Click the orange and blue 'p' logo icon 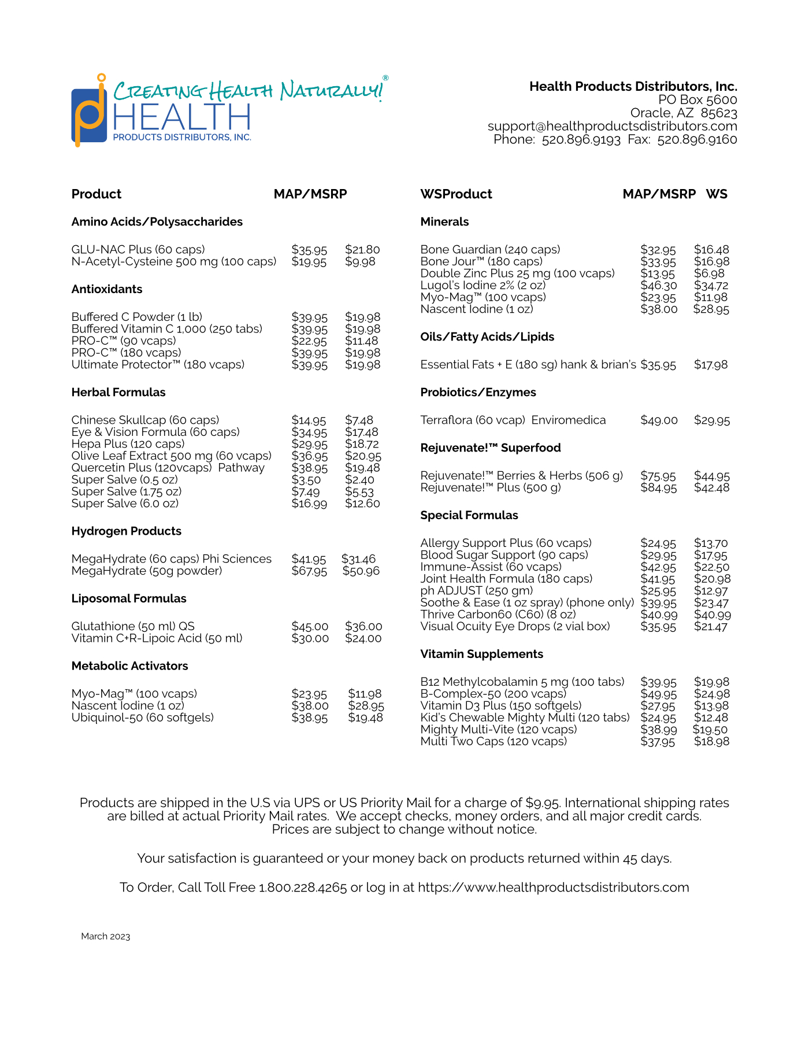tap(89, 113)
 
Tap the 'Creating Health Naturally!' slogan tap(248, 90)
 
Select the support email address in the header tap(612, 126)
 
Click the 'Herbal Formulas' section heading tap(118, 393)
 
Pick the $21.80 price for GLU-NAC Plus tap(362, 250)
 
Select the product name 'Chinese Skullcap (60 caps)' tap(145, 420)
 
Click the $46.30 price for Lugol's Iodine tap(659, 286)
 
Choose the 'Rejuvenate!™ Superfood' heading tap(490, 448)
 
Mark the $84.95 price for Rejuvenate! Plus tap(658, 488)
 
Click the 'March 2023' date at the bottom tap(106, 937)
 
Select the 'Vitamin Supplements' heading tap(481, 654)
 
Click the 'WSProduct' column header tap(456, 194)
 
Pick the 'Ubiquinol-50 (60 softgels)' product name tap(143, 717)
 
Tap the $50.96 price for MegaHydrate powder tap(361, 571)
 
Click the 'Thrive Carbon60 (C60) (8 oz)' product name tap(498, 615)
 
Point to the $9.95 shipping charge tap(542, 803)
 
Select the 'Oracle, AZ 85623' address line tap(683, 113)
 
